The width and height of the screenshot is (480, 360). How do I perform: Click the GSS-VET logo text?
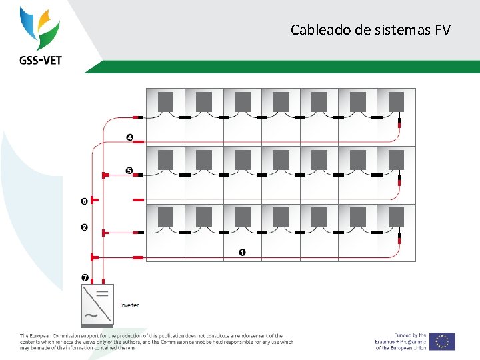(x=39, y=60)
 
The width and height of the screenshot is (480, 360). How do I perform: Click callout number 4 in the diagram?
(x=130, y=138)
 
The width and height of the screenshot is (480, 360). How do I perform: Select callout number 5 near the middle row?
(x=129, y=171)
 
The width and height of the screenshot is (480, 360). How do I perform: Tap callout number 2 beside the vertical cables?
(x=84, y=227)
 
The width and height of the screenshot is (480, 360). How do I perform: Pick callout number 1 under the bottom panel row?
(x=241, y=253)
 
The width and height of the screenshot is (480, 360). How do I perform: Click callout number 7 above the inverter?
(x=84, y=277)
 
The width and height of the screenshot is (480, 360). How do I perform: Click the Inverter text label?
(x=129, y=305)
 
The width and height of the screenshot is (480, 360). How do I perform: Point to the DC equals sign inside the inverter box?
(x=103, y=293)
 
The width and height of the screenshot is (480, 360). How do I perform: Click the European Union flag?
(x=442, y=341)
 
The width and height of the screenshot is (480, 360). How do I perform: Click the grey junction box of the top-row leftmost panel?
(x=165, y=101)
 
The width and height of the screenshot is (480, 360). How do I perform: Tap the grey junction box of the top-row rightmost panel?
(x=396, y=101)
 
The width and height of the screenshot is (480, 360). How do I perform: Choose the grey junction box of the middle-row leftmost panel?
(x=165, y=159)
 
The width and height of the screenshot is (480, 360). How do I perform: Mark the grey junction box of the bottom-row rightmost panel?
(x=396, y=217)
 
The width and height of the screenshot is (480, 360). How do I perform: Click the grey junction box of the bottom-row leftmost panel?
(x=165, y=217)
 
